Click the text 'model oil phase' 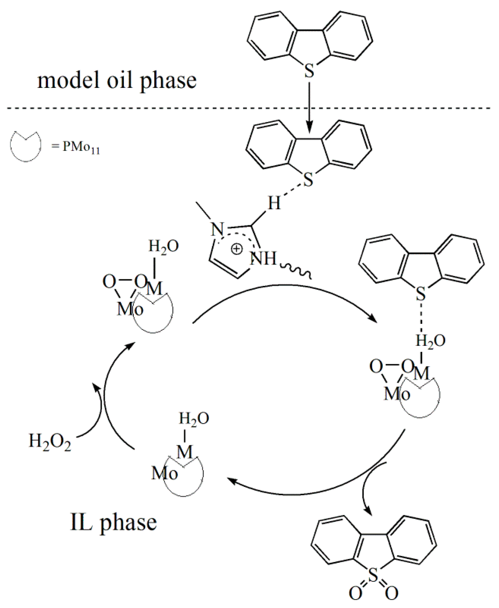click(117, 81)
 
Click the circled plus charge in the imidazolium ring click(237, 249)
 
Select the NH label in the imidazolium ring click(263, 259)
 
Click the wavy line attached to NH click(296, 270)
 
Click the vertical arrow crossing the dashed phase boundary click(310, 108)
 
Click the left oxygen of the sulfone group click(355, 593)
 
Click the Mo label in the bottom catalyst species click(165, 473)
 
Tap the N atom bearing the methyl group click(218, 230)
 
